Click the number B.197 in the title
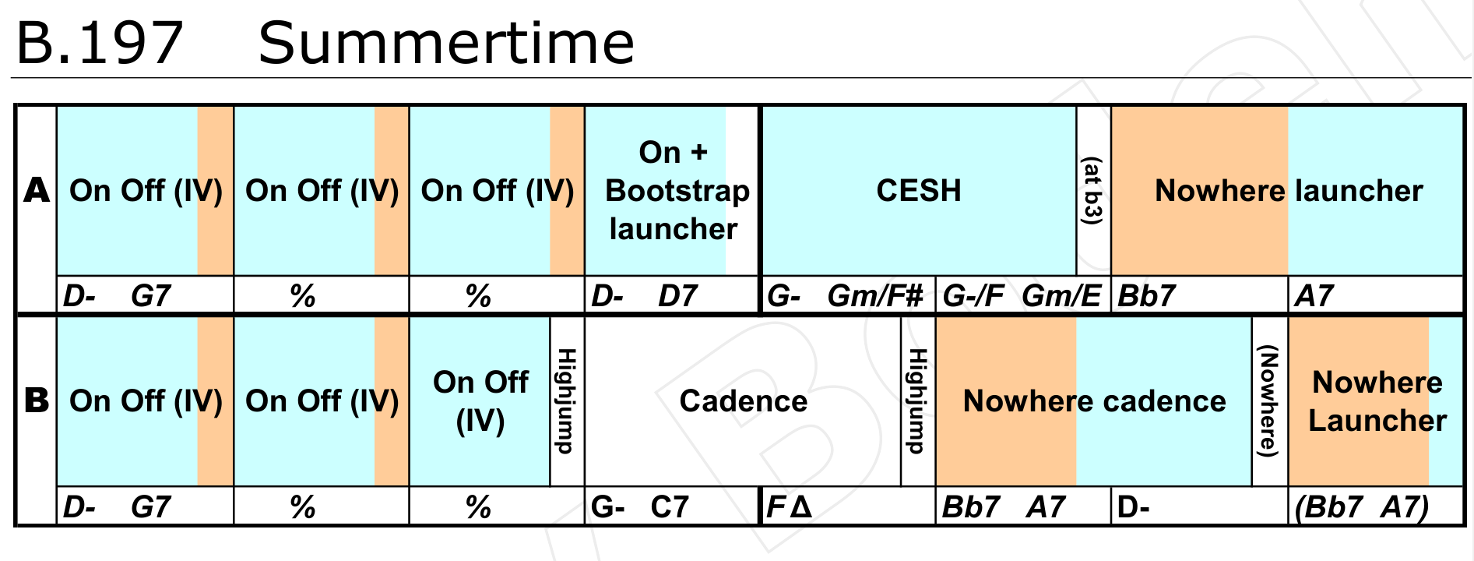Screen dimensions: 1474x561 [100, 43]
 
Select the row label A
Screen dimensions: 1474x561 [37, 190]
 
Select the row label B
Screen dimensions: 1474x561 [37, 400]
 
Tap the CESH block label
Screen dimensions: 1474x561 [919, 190]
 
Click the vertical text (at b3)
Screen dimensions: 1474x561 [1093, 191]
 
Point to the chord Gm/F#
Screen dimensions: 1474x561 [875, 296]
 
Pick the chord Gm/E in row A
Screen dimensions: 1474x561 [1062, 296]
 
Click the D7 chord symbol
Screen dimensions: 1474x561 [677, 296]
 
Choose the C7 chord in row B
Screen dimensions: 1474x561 [670, 507]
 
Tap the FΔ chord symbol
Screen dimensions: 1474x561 [790, 507]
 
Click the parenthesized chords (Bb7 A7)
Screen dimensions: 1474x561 [1362, 507]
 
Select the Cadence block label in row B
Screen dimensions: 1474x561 [744, 400]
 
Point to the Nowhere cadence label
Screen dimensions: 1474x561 [1094, 400]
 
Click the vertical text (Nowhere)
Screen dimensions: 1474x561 [1269, 400]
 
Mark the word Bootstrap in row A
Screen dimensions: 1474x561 [677, 191]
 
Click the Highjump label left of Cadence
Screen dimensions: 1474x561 [567, 400]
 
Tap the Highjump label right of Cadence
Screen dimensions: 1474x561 [918, 400]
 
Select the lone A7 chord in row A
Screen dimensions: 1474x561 [1314, 296]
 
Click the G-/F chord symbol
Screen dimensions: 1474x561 [973, 296]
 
